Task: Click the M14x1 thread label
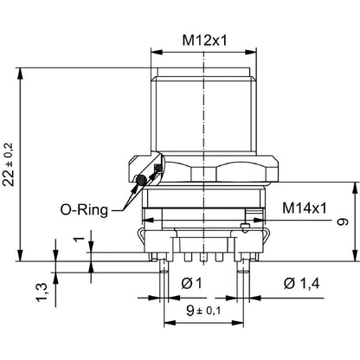tap(305, 208)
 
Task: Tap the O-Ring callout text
tap(84, 209)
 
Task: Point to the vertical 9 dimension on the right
tap(343, 222)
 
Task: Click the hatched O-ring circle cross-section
tap(141, 179)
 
